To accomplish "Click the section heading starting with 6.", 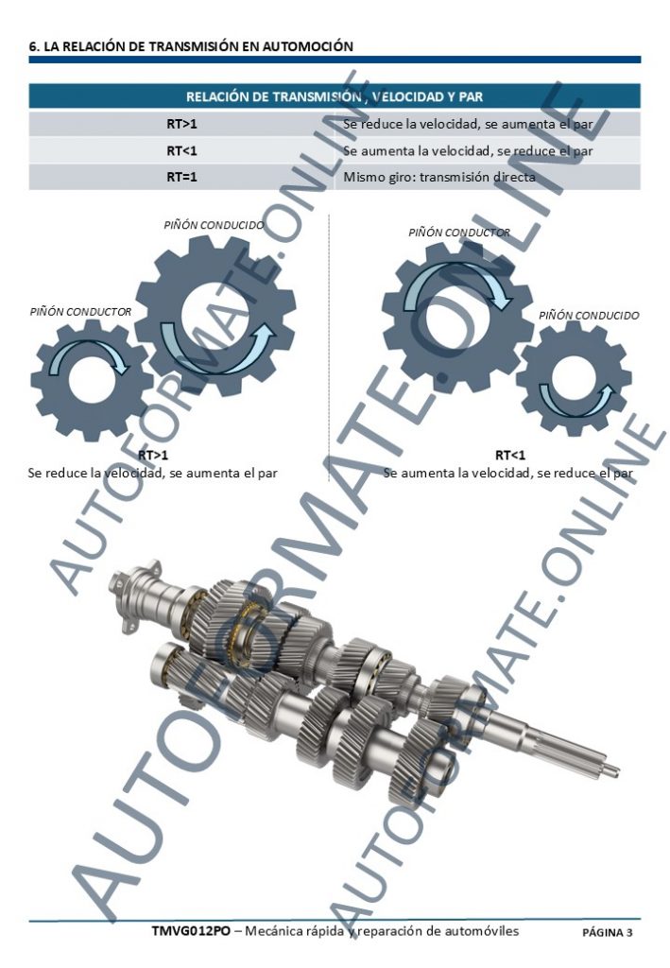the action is point(191,46).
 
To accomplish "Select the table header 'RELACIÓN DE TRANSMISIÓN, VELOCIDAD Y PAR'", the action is point(335,97).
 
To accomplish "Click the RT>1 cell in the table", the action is point(182,124).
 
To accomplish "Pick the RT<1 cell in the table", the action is point(182,150).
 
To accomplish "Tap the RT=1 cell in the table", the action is point(182,177).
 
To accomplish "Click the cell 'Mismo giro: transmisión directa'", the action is point(439,177).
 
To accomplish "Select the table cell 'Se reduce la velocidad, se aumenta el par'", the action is point(468,124).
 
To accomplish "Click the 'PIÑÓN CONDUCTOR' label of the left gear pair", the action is point(81,312).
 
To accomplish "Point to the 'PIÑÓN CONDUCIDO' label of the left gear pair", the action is point(215,225).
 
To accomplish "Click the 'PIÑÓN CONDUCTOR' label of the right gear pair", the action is point(459,233).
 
